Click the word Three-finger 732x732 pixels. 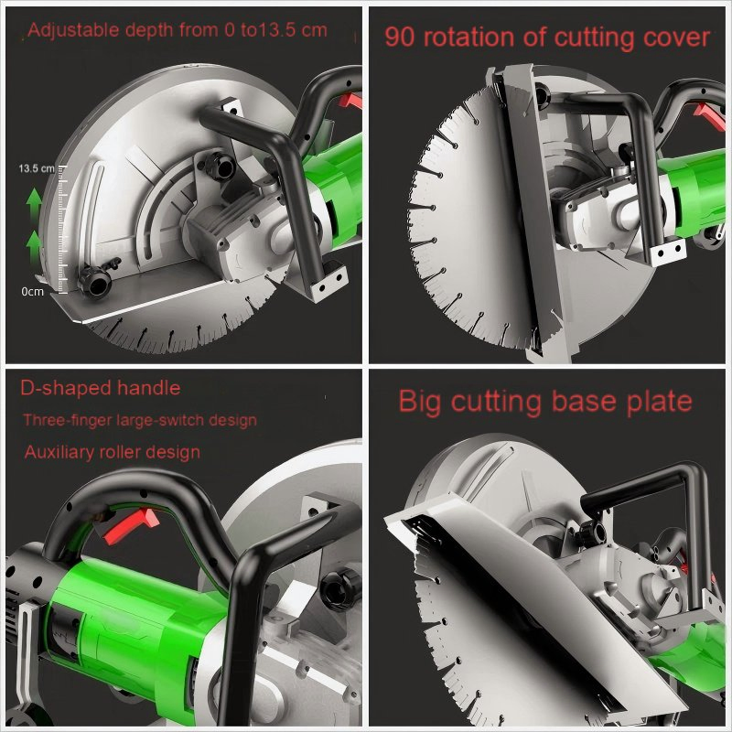click(63, 421)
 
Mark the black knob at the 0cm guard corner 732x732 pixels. click(91, 279)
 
